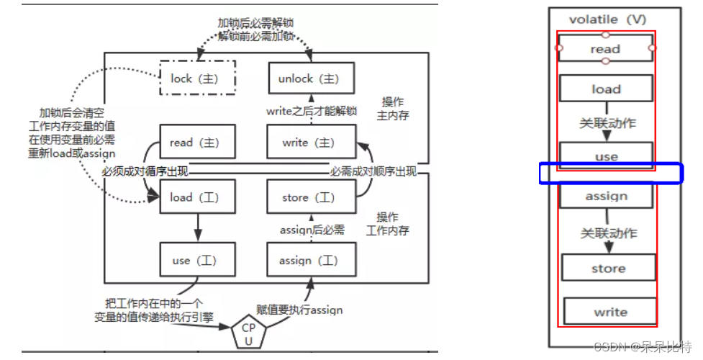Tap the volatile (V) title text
tap(607, 19)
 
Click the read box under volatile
tap(605, 49)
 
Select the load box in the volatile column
tap(606, 89)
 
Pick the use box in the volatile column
tap(606, 156)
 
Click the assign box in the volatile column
tap(607, 196)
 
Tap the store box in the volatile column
tap(608, 268)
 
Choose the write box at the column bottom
tap(610, 312)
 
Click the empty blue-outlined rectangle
tap(610, 174)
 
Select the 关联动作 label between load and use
tap(607, 123)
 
